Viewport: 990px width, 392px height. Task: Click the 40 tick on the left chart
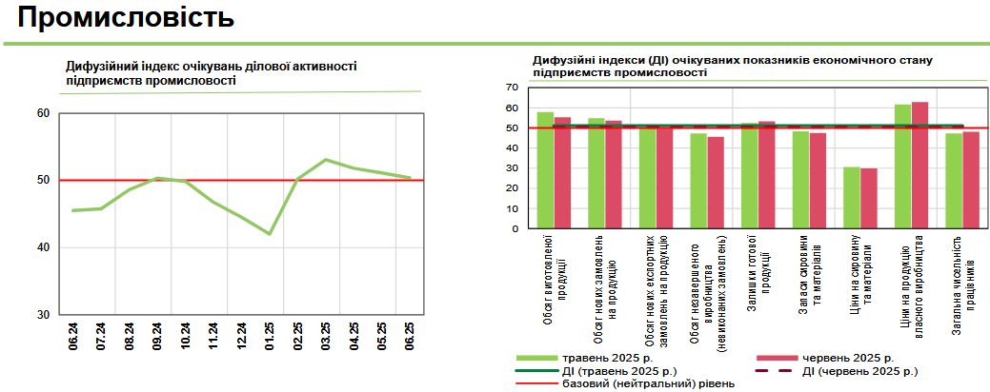[43, 247]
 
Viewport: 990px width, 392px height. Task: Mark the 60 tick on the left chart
[43, 113]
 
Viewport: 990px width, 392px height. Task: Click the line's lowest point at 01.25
[270, 233]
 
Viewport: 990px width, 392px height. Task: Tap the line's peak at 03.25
[326, 160]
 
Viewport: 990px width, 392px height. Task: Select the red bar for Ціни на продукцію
[919, 165]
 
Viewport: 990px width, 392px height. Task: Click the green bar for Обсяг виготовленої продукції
[545, 170]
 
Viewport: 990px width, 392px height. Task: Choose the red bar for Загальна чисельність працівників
[971, 180]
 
